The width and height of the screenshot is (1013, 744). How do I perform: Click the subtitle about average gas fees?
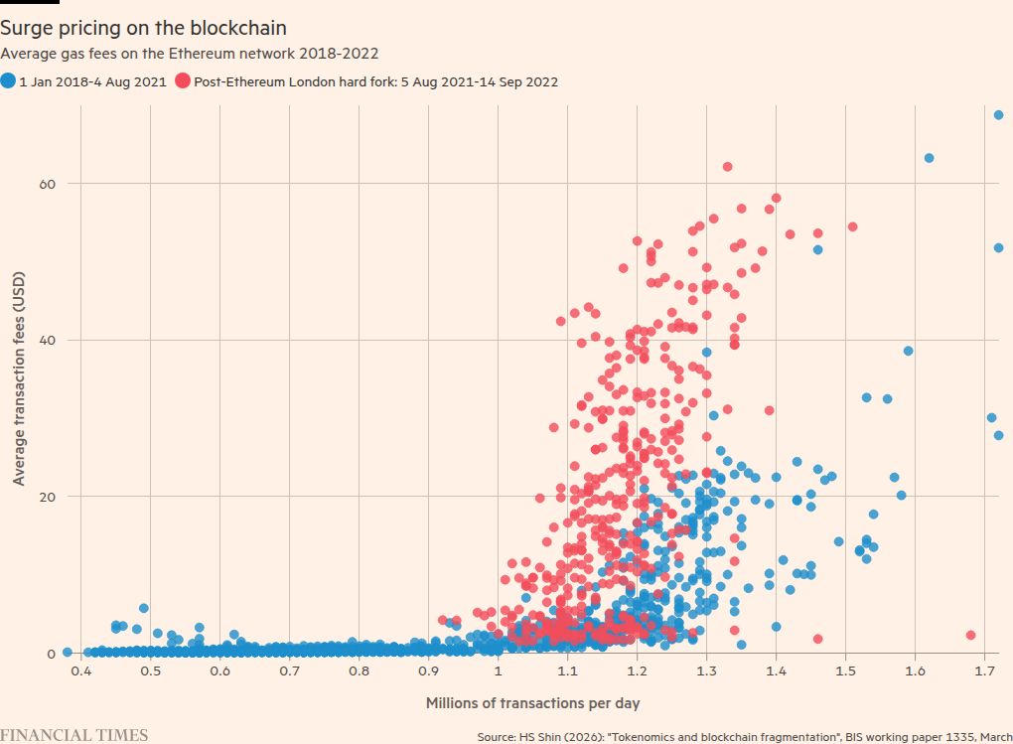tap(190, 54)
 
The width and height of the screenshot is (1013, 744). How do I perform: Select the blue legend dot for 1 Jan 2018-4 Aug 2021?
tap(9, 81)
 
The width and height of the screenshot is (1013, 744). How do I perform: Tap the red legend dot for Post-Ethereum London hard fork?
tap(183, 81)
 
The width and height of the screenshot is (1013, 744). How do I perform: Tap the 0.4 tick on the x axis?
tap(81, 672)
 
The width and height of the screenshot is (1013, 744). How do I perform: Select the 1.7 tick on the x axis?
tap(984, 672)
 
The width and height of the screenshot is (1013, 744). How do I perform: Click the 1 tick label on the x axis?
tap(498, 672)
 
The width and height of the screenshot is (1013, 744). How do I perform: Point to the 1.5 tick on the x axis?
tap(845, 672)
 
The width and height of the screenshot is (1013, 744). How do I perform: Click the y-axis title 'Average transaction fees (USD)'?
tap(19, 379)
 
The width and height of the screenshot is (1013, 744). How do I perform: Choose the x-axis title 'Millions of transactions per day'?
tap(532, 703)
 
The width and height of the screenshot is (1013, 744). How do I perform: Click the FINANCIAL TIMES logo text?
tap(74, 735)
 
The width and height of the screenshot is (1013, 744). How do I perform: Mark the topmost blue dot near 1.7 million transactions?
tap(998, 115)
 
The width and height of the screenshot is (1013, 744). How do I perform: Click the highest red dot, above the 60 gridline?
tap(727, 167)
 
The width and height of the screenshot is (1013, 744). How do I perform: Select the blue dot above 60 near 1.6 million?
tap(929, 158)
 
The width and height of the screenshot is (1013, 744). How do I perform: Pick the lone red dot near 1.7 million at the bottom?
tap(970, 636)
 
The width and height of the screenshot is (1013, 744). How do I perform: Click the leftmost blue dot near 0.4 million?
tap(68, 653)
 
